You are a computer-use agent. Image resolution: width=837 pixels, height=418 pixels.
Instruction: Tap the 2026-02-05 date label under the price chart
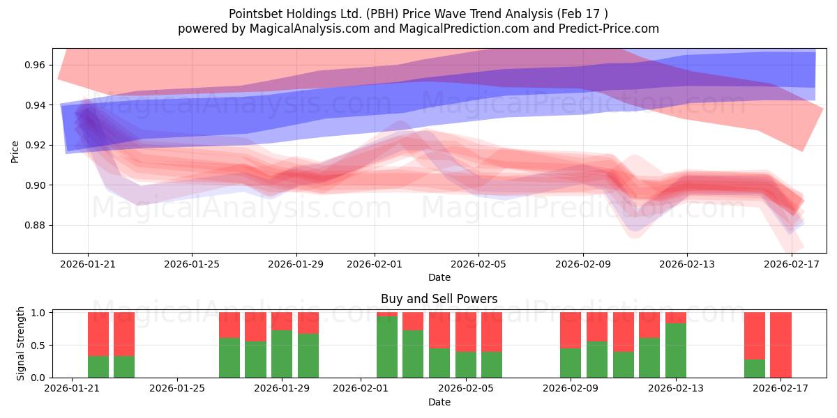pos(478,264)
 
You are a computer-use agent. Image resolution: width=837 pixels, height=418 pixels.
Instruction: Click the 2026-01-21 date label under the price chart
pos(88,264)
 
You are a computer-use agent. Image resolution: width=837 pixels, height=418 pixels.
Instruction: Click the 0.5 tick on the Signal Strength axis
pos(38,345)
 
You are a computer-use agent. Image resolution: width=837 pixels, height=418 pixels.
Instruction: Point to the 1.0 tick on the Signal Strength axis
pos(38,313)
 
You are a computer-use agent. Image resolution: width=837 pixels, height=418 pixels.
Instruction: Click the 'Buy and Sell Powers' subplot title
pos(439,299)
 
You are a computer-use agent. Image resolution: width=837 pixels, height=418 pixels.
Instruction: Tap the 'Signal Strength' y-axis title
pos(21,343)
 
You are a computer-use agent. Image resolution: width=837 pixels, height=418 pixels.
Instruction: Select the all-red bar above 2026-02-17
pos(781,345)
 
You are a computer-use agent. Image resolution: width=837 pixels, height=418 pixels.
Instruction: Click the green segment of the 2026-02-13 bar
pos(676,350)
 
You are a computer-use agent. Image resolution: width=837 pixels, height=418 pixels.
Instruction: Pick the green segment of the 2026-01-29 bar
pos(282,354)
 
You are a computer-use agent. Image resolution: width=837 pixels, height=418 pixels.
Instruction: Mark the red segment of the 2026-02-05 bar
pos(492,332)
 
